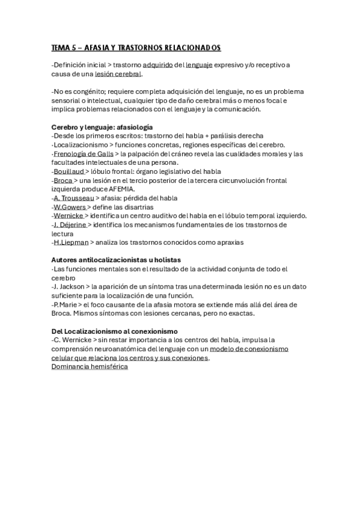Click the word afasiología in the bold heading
[134, 127]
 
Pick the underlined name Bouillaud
[69, 171]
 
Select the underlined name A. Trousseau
[73, 198]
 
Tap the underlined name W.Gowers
[70, 207]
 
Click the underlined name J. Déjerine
[72, 224]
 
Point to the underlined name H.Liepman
[71, 242]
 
